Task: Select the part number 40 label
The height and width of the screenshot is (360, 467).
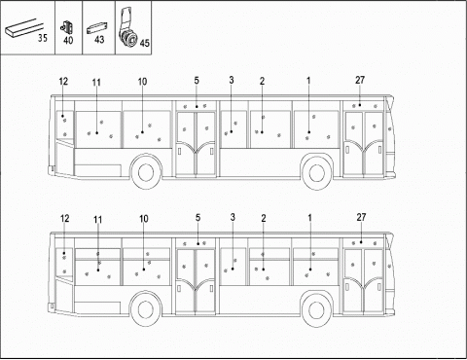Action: click(67, 40)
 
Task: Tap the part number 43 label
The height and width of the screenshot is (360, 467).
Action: click(98, 40)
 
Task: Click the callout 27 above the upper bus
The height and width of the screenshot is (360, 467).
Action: click(361, 79)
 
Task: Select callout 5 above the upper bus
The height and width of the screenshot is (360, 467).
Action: click(197, 79)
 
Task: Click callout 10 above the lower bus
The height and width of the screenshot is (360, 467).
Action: click(143, 219)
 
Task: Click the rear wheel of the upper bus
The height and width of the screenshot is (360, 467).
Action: click(145, 173)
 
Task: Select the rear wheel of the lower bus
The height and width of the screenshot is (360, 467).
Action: click(145, 310)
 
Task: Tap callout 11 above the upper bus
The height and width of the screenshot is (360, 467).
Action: click(96, 82)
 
